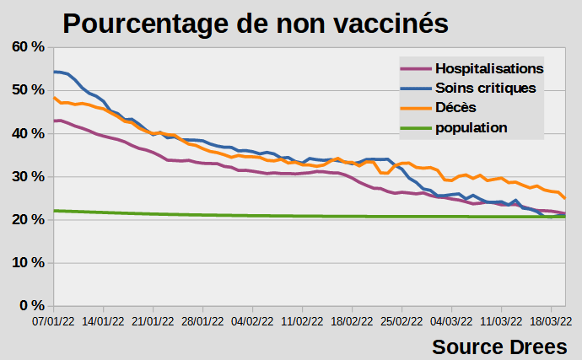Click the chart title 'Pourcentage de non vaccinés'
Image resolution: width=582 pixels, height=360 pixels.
click(x=255, y=23)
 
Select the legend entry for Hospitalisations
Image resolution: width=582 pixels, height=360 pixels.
click(x=489, y=68)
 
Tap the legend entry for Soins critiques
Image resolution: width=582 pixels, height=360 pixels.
click(x=485, y=88)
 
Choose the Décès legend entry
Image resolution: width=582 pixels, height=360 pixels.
click(x=456, y=108)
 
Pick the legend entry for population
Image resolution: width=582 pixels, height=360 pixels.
click(x=472, y=128)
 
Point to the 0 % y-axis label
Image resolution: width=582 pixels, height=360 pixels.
click(x=28, y=305)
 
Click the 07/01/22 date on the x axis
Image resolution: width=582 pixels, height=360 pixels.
click(x=54, y=321)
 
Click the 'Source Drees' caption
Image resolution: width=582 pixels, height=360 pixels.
click(x=500, y=346)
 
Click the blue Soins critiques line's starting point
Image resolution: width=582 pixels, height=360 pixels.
click(x=55, y=72)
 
